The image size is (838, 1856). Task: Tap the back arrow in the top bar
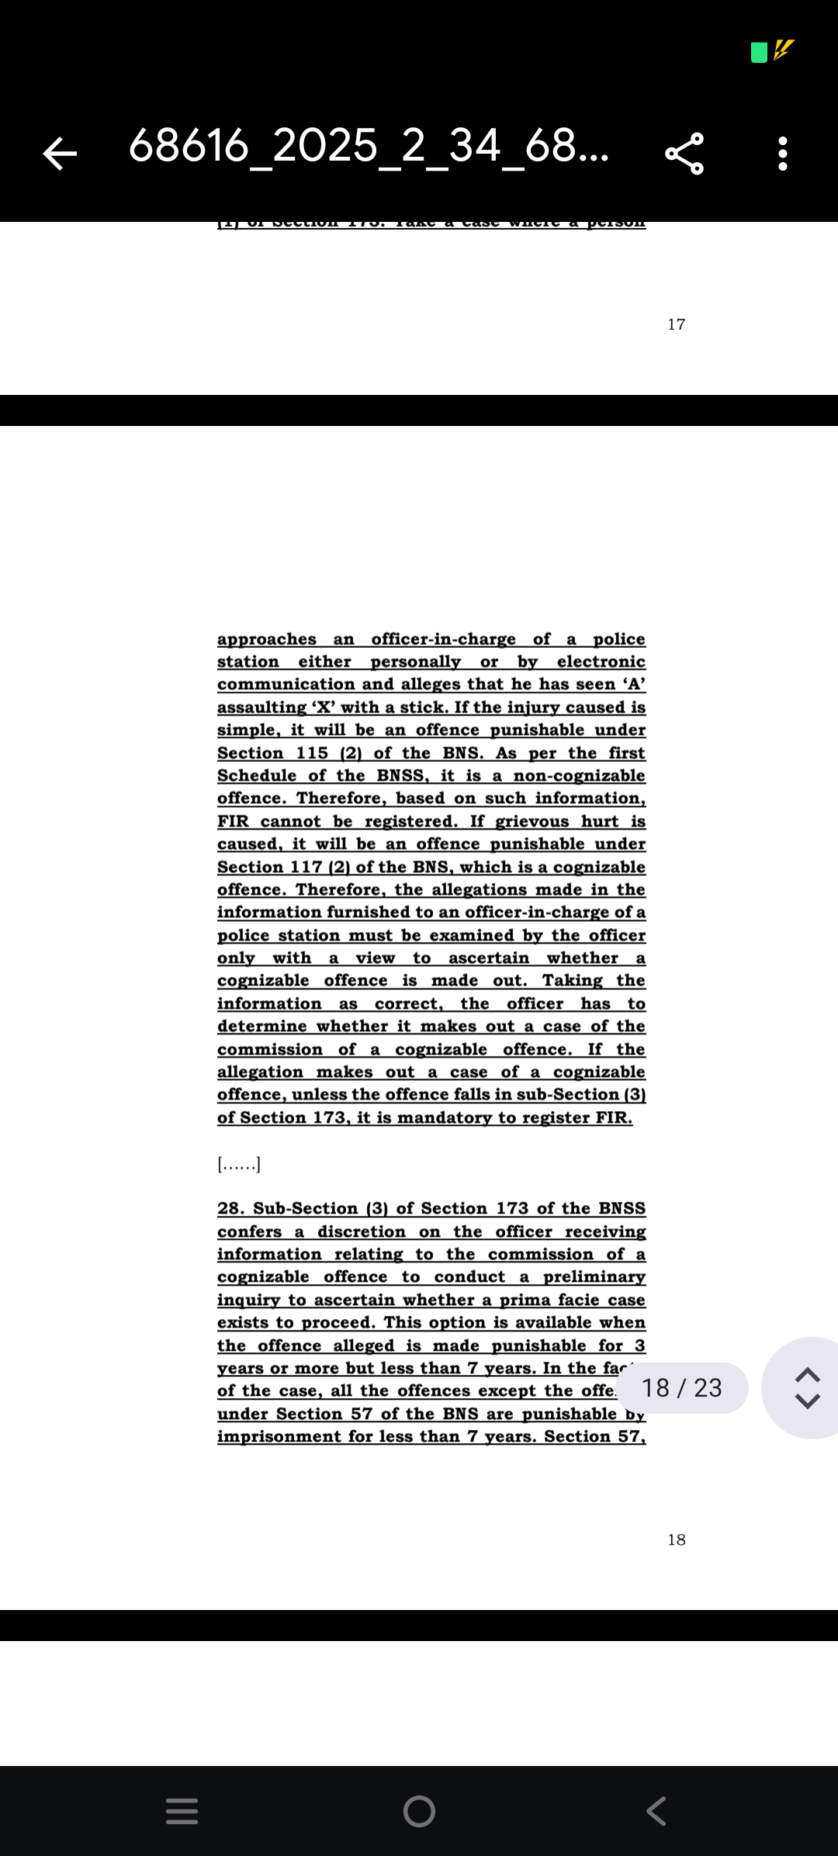pos(60,153)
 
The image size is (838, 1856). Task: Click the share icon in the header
pos(684,153)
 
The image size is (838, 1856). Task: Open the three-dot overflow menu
pos(783,153)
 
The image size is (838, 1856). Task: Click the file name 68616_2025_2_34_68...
pos(369,146)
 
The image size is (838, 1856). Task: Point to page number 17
pos(676,324)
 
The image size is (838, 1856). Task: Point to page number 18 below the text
pos(676,1539)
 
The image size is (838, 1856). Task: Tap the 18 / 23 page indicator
pos(682,1387)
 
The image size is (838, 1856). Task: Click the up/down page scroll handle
pos(808,1387)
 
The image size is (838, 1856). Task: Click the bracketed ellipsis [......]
pos(239,1164)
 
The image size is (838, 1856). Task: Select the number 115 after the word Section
pos(312,753)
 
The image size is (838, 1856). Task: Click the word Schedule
pos(256,776)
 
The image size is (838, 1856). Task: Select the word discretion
pos(361,1232)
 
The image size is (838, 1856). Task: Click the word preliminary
pos(594,1277)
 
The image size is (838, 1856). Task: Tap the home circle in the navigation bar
pos(419,1811)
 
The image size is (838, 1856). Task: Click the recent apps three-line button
pos(182,1811)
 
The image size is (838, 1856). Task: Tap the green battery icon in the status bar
pos(760,52)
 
